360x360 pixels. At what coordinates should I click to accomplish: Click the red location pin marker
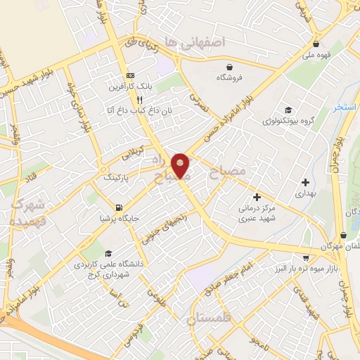pos(181,166)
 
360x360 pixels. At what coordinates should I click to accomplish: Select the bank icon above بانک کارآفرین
pos(130,75)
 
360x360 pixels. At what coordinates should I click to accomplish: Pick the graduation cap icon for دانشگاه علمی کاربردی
pos(108,253)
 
